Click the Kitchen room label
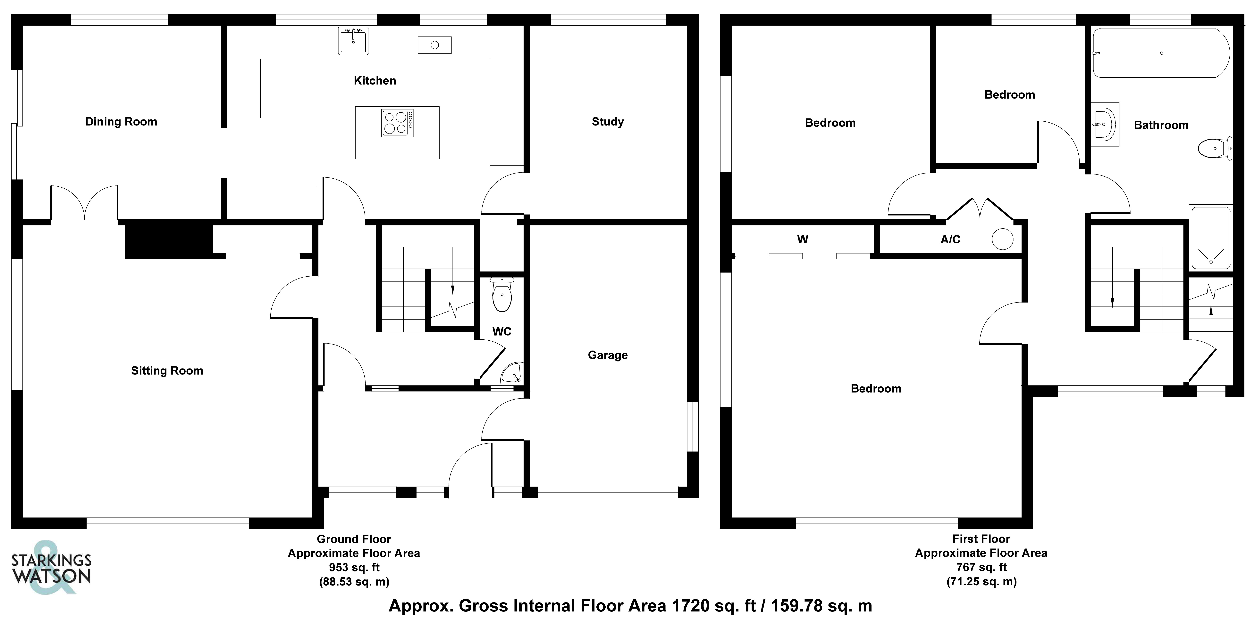tap(375, 81)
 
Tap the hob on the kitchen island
tap(397, 123)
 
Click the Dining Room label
tap(121, 122)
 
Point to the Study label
tap(608, 122)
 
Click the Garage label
tap(608, 355)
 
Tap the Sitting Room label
tap(167, 371)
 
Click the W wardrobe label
tap(802, 239)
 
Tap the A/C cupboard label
tap(950, 239)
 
